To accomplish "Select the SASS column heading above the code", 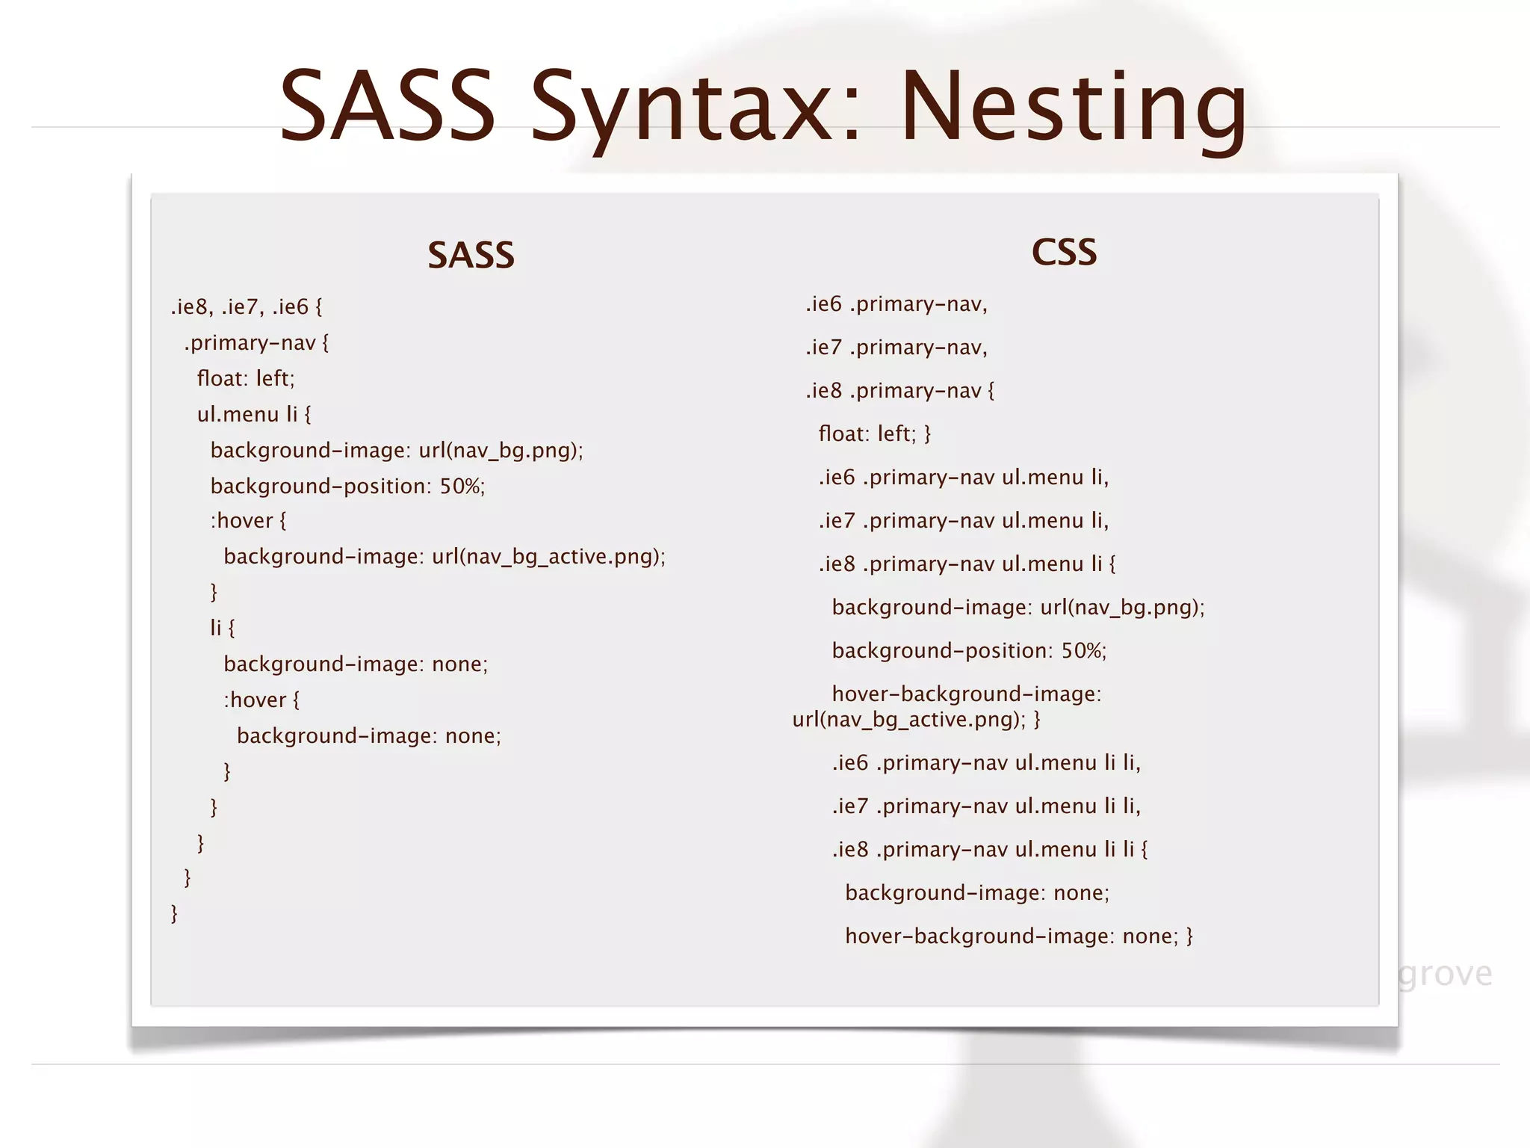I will [471, 256].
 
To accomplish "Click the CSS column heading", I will [1064, 253].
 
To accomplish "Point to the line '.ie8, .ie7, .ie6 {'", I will [247, 307].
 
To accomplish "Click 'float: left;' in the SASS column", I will [246, 379].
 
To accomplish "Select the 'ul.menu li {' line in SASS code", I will [254, 415].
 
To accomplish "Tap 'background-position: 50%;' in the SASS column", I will [347, 487].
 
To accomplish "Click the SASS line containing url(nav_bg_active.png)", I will [445, 557].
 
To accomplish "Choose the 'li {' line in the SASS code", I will [222, 628].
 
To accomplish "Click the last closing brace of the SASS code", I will [174, 913].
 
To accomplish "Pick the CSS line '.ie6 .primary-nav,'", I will [896, 304].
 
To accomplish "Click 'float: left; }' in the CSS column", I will [875, 434].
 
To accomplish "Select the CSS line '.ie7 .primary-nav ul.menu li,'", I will [964, 521].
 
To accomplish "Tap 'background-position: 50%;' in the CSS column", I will [969, 651].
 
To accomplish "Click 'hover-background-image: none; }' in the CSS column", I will [1019, 936].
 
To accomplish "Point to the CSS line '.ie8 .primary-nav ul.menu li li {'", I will [990, 850].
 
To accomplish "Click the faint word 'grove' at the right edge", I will [1445, 974].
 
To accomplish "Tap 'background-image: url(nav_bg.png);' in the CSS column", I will [1018, 608].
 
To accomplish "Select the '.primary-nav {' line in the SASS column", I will [256, 343].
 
